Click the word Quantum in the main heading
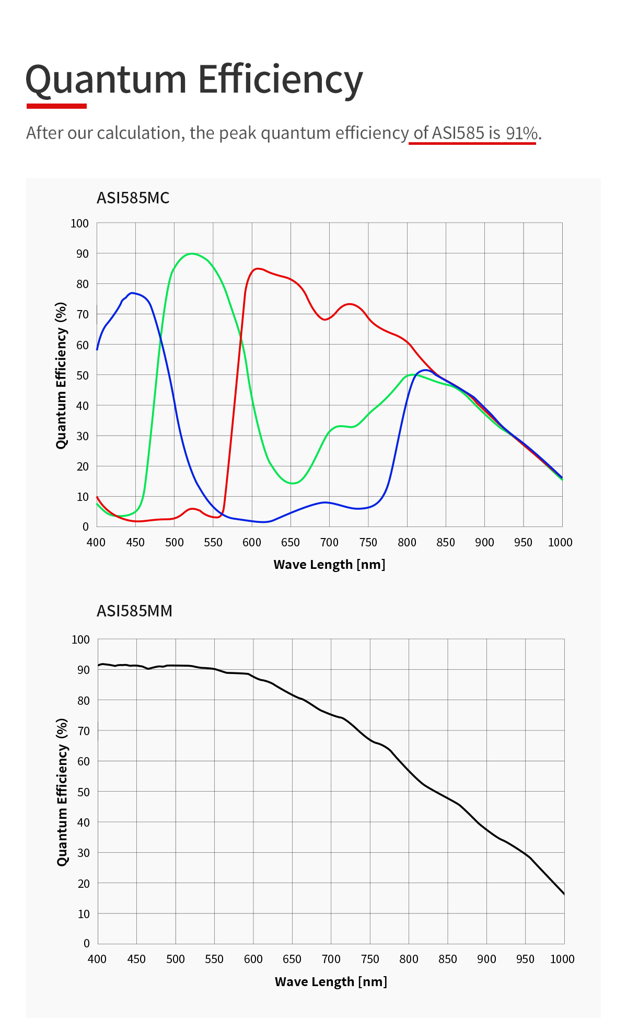click(x=106, y=80)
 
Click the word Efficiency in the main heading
click(x=280, y=80)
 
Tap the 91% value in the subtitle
click(x=521, y=133)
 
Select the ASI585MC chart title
click(x=133, y=198)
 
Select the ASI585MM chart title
click(x=134, y=611)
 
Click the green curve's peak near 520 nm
click(x=192, y=254)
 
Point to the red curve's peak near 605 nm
click(x=257, y=269)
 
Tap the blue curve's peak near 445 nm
click(x=132, y=293)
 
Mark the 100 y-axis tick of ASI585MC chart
click(x=79, y=224)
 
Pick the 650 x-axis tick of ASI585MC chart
click(x=291, y=543)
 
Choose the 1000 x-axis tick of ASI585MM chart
click(x=562, y=959)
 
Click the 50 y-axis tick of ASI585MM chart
click(x=83, y=792)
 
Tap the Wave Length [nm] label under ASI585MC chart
click(x=329, y=565)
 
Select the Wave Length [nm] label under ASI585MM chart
click(x=331, y=981)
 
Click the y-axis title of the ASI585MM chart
click(x=62, y=792)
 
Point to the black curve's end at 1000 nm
click(x=564, y=894)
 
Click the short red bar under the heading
click(x=56, y=106)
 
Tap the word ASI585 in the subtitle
click(x=458, y=133)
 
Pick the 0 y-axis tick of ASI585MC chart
click(x=86, y=527)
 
